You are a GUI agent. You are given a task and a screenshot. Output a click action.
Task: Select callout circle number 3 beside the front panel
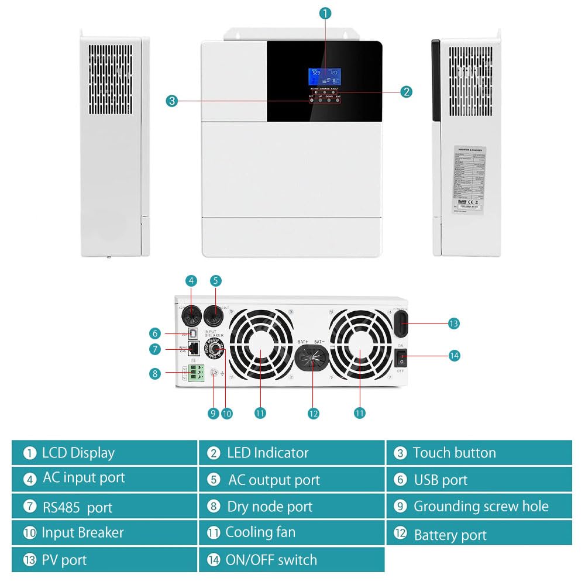tap(171, 101)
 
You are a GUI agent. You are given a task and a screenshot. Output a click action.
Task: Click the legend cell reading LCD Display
tap(104, 453)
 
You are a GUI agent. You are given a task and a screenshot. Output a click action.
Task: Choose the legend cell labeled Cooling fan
tap(291, 532)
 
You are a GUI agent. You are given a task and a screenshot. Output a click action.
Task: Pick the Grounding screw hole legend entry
tap(479, 506)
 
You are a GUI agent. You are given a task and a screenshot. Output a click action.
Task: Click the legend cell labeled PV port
tap(104, 560)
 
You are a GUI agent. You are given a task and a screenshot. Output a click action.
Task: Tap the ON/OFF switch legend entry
tap(291, 560)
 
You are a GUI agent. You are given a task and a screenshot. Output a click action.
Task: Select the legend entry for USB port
tap(479, 480)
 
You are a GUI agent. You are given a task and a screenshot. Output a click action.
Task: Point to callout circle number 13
tap(453, 323)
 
